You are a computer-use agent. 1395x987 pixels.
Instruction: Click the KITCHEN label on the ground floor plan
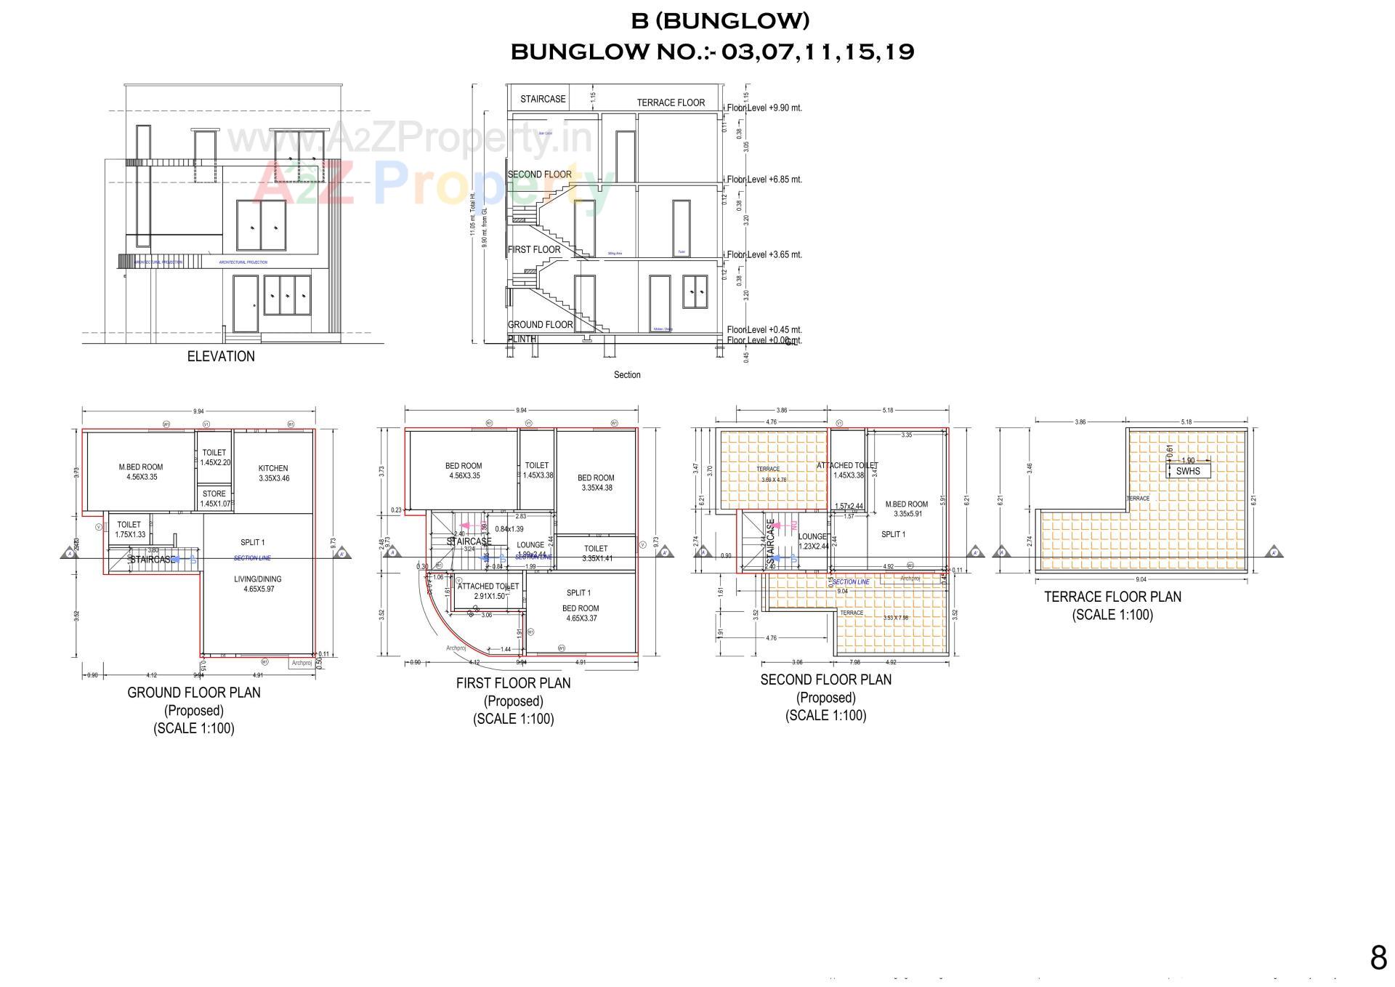273,469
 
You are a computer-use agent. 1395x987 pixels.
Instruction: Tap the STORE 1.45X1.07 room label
214,494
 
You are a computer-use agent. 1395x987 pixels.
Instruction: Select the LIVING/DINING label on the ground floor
258,579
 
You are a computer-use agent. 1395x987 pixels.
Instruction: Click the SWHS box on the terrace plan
1188,471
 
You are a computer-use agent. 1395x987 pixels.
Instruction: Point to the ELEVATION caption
221,356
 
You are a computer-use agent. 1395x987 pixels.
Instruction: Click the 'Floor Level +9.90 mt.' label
764,108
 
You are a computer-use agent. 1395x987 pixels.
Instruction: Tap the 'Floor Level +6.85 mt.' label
764,180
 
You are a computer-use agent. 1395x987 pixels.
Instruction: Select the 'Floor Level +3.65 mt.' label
764,254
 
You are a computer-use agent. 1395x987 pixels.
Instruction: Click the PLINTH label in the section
522,339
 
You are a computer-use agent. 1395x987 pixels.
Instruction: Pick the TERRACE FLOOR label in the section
671,102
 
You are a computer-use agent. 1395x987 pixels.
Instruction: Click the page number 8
1378,957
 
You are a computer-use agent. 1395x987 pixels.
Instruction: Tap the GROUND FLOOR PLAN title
194,693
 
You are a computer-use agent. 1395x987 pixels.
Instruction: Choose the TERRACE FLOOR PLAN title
1112,597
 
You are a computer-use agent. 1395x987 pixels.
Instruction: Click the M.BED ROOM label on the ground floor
141,467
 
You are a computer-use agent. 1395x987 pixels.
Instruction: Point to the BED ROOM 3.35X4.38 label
596,483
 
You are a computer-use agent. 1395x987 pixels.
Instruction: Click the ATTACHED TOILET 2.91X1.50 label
488,591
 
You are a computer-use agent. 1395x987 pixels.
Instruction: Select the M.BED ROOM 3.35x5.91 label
907,509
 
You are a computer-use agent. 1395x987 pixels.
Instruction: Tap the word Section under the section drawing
627,375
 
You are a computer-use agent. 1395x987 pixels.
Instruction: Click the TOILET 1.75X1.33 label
129,529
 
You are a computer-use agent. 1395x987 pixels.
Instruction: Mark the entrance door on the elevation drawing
246,303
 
